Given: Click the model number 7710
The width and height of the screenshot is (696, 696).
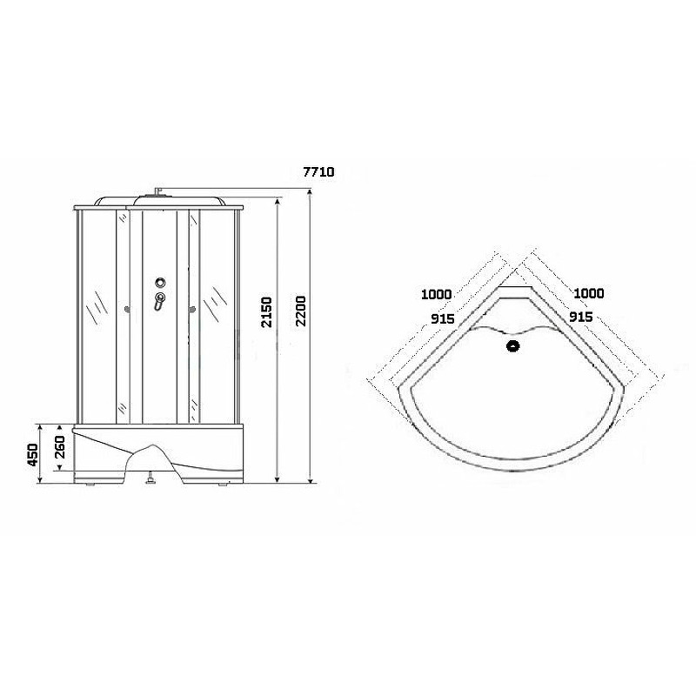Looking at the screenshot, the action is click(318, 171).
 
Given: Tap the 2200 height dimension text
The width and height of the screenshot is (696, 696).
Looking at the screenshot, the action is click(301, 311).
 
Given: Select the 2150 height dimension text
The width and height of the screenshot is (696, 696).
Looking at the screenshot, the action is click(266, 312).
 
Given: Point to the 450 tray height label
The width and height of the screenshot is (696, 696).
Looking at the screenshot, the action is click(33, 454).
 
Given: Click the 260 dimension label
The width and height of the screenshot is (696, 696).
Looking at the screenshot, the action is click(59, 447).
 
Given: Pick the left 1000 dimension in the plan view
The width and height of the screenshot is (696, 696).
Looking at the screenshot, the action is click(437, 294).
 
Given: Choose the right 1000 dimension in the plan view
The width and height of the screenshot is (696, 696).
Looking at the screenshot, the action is click(589, 293).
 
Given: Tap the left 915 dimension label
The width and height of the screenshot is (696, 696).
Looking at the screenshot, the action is click(443, 318).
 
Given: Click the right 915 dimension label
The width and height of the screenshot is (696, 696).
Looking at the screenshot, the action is click(581, 317).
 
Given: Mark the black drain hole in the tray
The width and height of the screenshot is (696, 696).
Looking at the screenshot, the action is click(513, 345).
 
